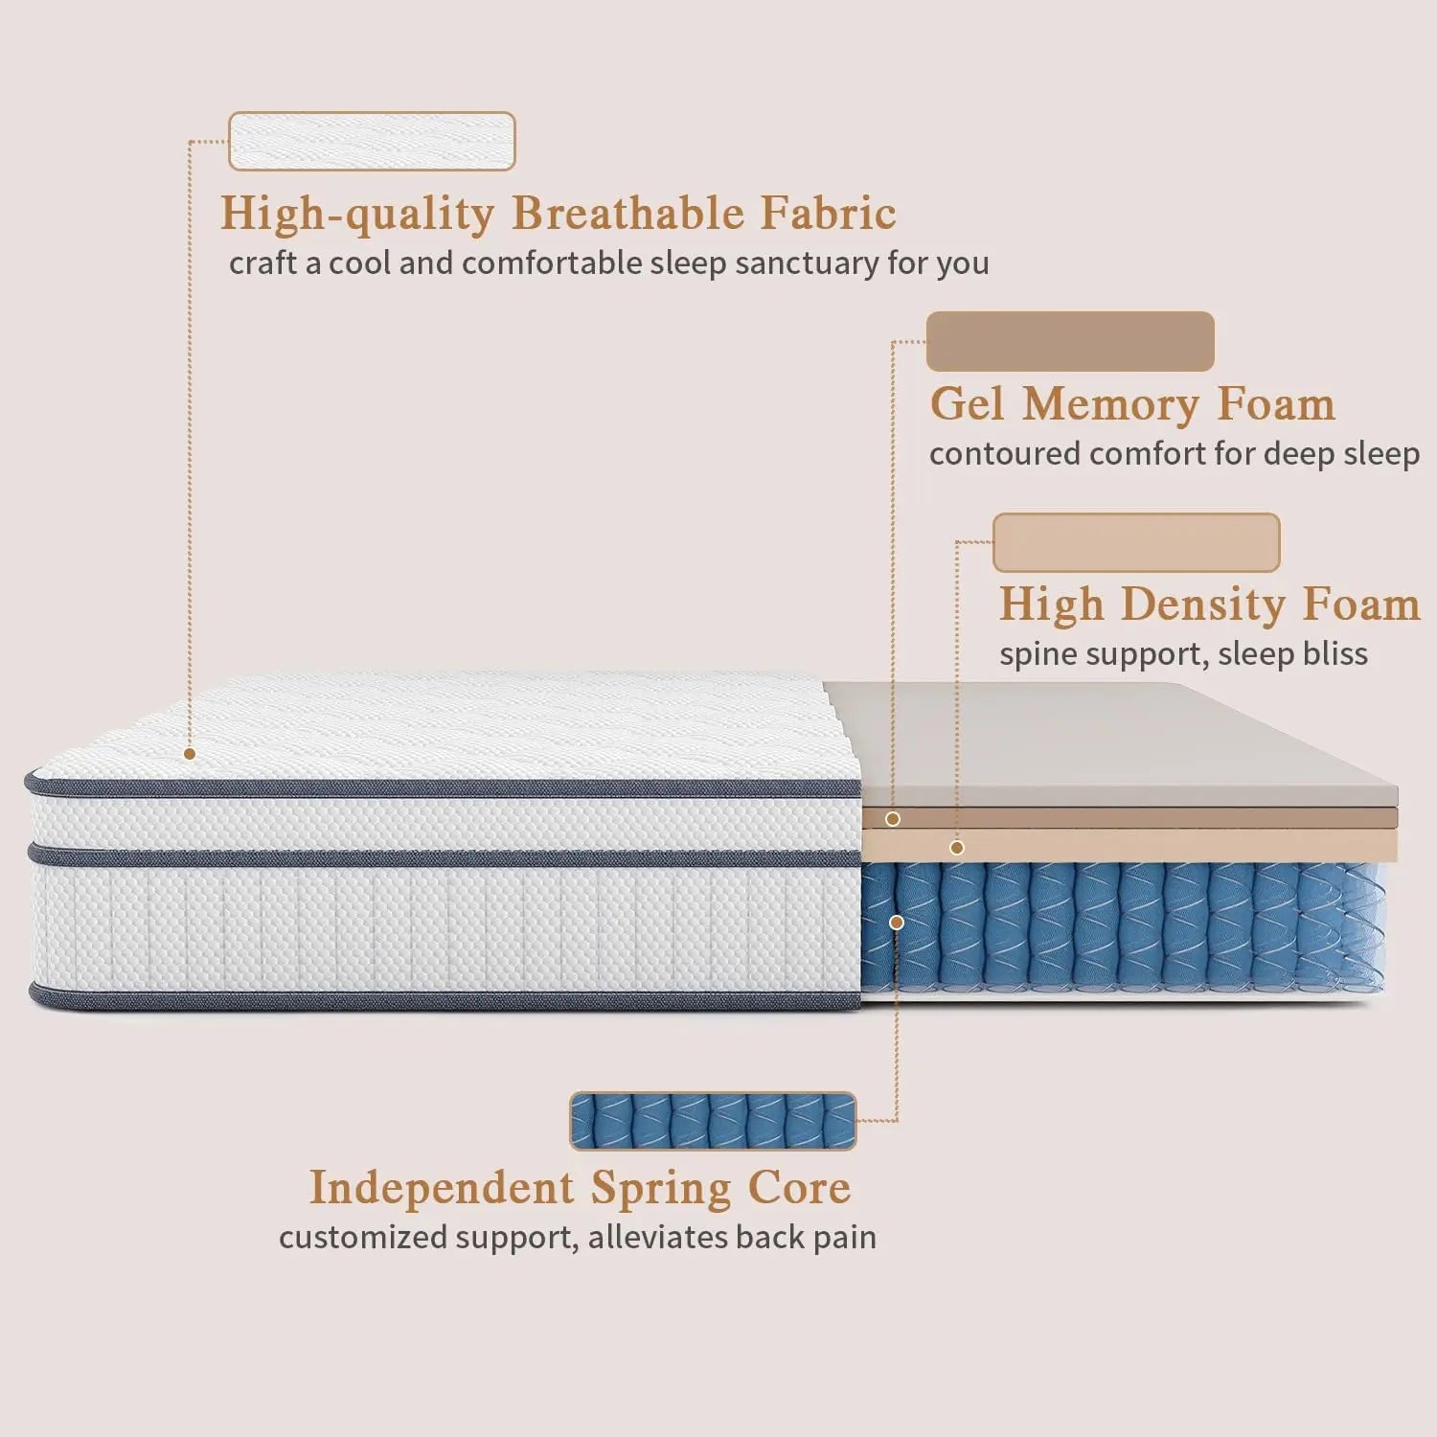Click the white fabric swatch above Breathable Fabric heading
coord(372,141)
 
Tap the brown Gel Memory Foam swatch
coord(1070,341)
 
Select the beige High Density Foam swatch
coord(1136,542)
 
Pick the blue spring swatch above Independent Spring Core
coord(713,1121)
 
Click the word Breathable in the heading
coord(627,213)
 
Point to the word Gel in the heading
coord(968,403)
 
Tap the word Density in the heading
coord(1203,604)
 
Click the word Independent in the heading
coord(442,1188)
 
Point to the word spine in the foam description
coord(1035,655)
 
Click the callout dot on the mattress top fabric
coord(190,754)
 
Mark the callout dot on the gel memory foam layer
coord(893,819)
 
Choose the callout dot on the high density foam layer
coord(956,848)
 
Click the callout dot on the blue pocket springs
coord(897,923)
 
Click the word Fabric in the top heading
coord(829,213)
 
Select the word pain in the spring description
coord(844,1238)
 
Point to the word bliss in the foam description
coord(1334,654)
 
